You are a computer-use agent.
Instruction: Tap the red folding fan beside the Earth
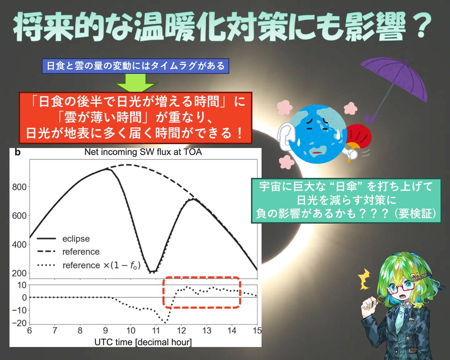pos(357,137)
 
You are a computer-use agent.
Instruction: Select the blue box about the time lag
pos(135,66)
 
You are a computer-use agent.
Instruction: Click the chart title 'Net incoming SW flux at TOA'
pos(143,152)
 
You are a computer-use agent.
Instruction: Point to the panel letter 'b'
pos(18,152)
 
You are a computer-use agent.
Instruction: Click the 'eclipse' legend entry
pos(63,239)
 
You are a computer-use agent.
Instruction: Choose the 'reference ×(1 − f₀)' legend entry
pos(89,265)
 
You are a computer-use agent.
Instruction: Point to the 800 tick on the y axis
pos(19,187)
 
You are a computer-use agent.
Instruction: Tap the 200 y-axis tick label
pos(19,273)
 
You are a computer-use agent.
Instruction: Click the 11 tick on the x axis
pos(156,331)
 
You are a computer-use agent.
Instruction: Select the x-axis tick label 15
pos(257,331)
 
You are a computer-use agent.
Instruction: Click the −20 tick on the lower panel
pos(19,323)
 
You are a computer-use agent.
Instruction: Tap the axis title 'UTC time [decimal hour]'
pos(143,342)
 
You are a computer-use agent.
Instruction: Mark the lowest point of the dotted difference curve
pos(165,323)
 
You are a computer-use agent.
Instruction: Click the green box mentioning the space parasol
pos(346,201)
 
